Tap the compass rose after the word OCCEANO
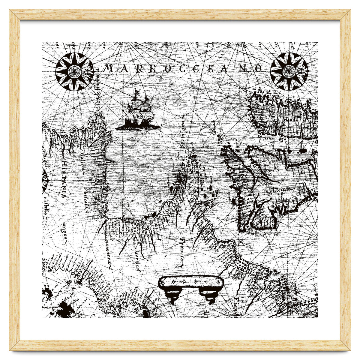pos(289,71)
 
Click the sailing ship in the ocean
pos(138,112)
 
